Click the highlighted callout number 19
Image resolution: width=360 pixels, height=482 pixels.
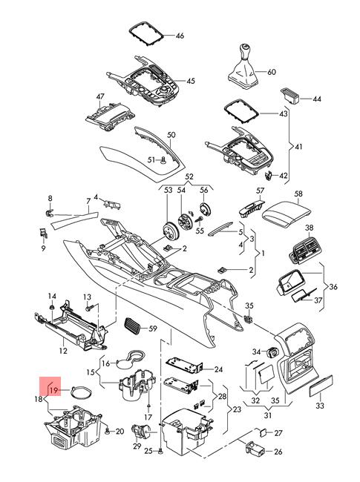pyautogui.click(x=54, y=390)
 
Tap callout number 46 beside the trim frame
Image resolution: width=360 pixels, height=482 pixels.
pyautogui.click(x=180, y=36)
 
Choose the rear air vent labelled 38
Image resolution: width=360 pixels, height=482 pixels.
pyautogui.click(x=304, y=251)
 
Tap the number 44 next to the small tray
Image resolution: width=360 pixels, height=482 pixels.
pyautogui.click(x=317, y=99)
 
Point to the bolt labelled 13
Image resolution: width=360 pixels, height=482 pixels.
pyautogui.click(x=89, y=307)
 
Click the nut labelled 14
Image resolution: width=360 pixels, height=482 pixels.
pyautogui.click(x=52, y=307)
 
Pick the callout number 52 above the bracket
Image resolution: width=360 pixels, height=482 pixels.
pyautogui.click(x=189, y=176)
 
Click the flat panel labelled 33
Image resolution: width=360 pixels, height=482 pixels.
pyautogui.click(x=321, y=386)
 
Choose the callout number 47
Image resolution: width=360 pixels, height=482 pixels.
pyautogui.click(x=100, y=96)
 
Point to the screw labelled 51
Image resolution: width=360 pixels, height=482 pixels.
pyautogui.click(x=163, y=160)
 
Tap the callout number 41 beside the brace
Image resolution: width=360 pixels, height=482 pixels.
pyautogui.click(x=298, y=146)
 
